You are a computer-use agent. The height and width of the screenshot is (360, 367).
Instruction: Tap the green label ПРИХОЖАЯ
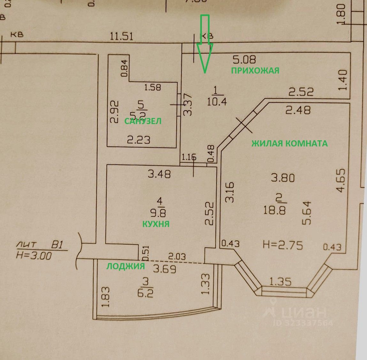[x=255, y=70]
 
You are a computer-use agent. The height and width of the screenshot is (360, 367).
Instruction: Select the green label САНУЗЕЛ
[x=143, y=121]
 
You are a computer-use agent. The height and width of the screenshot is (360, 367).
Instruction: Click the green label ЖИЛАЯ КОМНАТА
[x=289, y=143]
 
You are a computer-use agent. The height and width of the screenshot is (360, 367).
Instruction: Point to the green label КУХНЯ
[x=156, y=224]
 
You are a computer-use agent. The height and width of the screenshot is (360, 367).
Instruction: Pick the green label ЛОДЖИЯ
[x=126, y=266]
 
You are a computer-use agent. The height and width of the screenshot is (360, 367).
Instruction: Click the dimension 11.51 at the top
[x=121, y=36]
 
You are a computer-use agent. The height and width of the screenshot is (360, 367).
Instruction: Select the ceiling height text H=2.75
[x=283, y=245]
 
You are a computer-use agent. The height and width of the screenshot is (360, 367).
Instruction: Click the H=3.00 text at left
[x=34, y=256]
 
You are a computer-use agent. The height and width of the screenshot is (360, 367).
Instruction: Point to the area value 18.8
[x=275, y=210]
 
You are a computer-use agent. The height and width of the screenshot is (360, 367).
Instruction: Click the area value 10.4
[x=217, y=102]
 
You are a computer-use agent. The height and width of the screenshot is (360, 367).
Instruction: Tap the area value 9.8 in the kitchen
[x=160, y=213]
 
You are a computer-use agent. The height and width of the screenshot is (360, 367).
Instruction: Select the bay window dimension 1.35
[x=280, y=282]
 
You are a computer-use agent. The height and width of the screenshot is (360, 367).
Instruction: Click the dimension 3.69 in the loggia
[x=164, y=269]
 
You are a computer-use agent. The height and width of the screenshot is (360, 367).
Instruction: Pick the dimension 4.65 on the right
[x=341, y=181]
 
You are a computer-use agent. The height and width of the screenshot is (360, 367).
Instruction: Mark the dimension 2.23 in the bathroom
[x=139, y=140]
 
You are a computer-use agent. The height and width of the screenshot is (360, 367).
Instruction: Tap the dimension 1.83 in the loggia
[x=107, y=297]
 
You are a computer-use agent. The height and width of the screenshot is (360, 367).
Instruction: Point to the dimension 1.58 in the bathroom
[x=152, y=87]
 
